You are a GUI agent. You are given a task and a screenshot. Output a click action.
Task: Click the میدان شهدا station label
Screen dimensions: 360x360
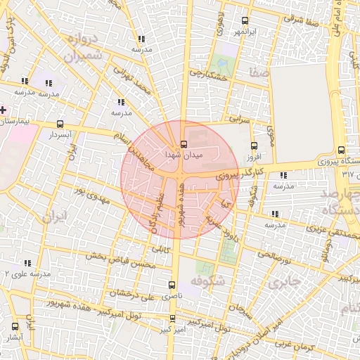[184, 153]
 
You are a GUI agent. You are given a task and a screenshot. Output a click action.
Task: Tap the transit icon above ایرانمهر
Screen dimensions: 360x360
[244, 20]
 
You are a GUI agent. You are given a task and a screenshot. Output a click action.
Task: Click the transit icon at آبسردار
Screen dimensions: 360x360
[56, 123]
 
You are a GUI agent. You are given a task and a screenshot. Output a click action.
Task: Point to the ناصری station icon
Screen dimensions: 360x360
[172, 285]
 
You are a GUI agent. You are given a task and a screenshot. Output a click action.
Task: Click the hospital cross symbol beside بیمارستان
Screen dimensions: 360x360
[4, 110]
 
